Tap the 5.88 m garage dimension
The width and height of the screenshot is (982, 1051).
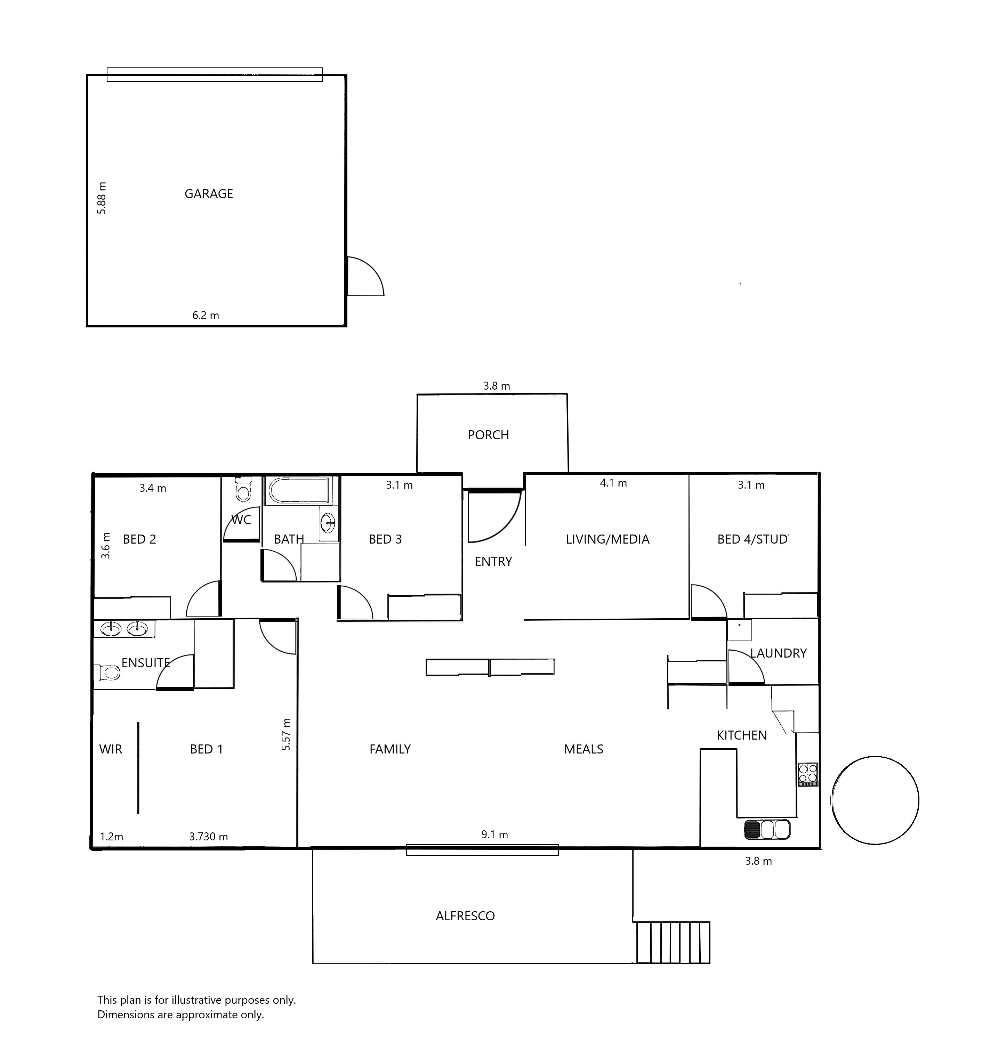(x=102, y=198)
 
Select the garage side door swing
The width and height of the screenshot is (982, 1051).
(x=365, y=276)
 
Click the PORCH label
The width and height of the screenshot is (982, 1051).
(x=488, y=435)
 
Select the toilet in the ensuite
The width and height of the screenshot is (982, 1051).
(x=107, y=673)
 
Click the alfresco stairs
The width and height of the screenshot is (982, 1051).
(x=673, y=943)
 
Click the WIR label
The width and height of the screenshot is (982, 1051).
(x=111, y=749)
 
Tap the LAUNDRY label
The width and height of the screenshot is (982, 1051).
(x=779, y=653)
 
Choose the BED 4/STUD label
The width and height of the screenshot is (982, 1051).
(x=752, y=539)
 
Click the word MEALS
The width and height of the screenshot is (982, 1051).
(x=583, y=749)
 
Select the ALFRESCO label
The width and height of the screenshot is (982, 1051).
(x=465, y=916)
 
